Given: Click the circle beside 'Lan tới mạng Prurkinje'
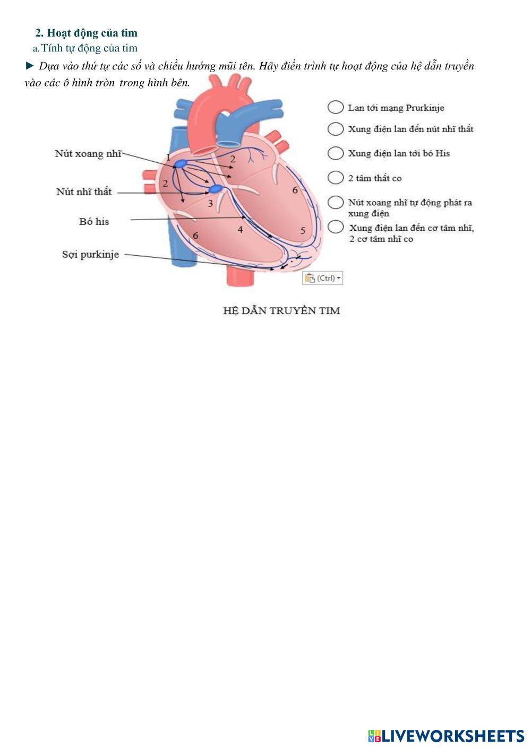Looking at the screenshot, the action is (x=336, y=107).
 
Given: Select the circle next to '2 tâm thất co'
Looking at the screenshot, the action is (x=336, y=178).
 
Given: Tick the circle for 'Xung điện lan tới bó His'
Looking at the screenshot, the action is (x=336, y=153).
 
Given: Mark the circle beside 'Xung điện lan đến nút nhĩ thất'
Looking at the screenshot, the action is (x=336, y=129).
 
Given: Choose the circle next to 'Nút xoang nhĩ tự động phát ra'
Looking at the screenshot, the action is (x=336, y=203).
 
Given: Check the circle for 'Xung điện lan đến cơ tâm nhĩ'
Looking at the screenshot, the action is (x=336, y=227).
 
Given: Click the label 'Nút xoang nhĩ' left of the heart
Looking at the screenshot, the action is (x=88, y=154).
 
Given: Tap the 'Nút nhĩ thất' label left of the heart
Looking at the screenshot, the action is (x=84, y=192).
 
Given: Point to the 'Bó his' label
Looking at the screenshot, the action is (x=94, y=222).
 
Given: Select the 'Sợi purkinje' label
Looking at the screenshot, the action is (x=90, y=255).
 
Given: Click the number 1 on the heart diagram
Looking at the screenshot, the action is (x=168, y=157).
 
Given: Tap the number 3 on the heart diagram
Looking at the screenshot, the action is (x=210, y=203).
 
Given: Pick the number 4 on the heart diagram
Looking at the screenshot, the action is (x=241, y=230).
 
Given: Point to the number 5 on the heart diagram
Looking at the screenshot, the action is (x=303, y=231).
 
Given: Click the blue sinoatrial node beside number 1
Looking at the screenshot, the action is (x=181, y=164).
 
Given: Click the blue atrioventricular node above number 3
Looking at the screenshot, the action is (x=215, y=189).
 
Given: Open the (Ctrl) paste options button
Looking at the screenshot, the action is (x=323, y=278).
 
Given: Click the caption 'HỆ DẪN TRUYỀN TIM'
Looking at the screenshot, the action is (x=281, y=311).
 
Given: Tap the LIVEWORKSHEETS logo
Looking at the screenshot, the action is (x=446, y=736).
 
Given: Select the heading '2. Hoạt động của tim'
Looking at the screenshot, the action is (x=86, y=33).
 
